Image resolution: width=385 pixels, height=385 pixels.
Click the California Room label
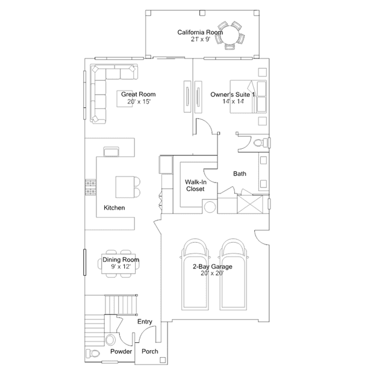coord(200,33)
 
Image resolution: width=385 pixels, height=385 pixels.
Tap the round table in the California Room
coord(230,35)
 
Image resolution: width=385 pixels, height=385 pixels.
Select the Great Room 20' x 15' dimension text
coord(139,102)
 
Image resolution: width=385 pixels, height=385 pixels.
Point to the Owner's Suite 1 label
coord(233,95)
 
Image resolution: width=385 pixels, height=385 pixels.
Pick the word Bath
coord(240,174)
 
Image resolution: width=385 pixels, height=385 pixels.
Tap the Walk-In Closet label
coord(195,186)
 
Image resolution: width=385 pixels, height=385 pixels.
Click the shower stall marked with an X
coord(249,204)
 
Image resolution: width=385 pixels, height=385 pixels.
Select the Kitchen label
coord(114,208)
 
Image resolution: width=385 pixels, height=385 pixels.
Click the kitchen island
coord(125,187)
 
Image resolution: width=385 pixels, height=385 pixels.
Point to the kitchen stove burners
coord(90,187)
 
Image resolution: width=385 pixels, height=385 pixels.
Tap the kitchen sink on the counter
coord(111,151)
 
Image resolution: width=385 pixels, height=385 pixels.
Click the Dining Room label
coord(121,260)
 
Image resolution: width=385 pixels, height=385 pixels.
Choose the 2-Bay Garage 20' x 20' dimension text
coord(212,273)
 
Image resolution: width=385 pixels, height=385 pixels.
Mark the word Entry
coord(145,322)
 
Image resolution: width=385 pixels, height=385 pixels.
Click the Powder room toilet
coord(93,353)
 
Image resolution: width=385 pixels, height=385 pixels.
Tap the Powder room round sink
coord(110,340)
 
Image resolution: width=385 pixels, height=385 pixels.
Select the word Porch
coord(150,351)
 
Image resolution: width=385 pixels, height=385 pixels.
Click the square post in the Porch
coord(163,360)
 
